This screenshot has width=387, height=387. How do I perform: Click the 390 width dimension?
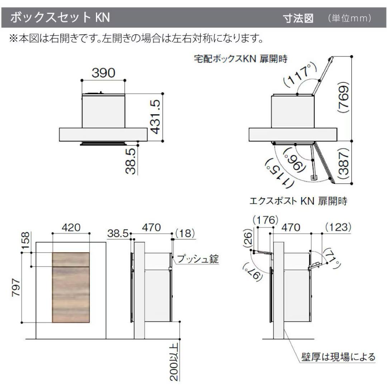point(104,73)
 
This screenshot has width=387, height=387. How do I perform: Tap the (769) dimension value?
point(344,97)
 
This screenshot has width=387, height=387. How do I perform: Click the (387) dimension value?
point(344,164)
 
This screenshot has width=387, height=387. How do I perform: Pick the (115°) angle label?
point(279,173)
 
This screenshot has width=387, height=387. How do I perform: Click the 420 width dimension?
point(71,227)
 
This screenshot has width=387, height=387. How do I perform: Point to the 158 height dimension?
point(25,241)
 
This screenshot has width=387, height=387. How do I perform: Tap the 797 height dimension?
point(16,287)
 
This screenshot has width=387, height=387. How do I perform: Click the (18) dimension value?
point(185,233)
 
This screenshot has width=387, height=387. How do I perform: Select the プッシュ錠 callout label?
point(198,259)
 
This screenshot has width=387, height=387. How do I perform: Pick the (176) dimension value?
point(266,220)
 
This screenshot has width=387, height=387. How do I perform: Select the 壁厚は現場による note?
point(338,357)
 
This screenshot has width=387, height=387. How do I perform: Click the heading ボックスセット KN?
point(60,18)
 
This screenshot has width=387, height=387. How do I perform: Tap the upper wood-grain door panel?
point(71,259)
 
